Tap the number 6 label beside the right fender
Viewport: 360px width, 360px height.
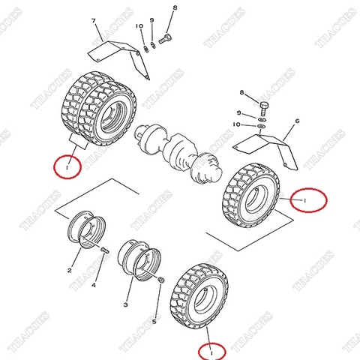tap(297, 121)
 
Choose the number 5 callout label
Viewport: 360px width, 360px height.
tap(154, 322)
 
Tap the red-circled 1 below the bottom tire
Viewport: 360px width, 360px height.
tap(212, 350)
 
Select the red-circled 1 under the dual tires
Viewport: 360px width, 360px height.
tap(68, 168)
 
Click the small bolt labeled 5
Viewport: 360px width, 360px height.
tap(160, 279)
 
